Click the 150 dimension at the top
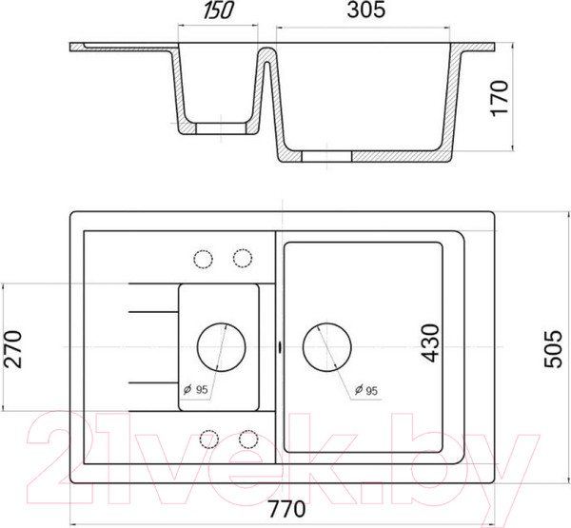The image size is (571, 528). [218, 10]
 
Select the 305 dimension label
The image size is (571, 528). [365, 10]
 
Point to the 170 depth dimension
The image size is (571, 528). [500, 98]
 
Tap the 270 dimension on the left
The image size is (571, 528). [12, 349]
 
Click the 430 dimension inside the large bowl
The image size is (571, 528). [431, 343]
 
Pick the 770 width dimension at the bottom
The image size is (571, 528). [286, 509]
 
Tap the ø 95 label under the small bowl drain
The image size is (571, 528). [195, 390]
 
